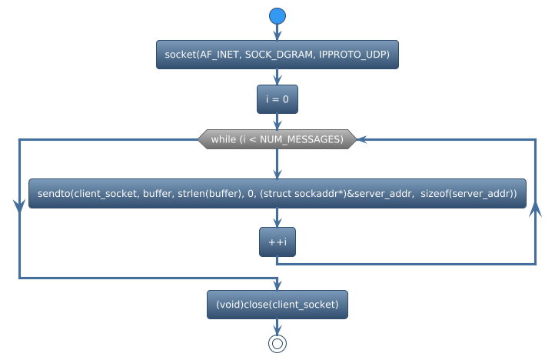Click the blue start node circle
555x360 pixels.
tap(277, 15)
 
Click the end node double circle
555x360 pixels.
tap(277, 344)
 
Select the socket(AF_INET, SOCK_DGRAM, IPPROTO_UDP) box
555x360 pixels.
tap(277, 55)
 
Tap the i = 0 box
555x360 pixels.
tap(277, 99)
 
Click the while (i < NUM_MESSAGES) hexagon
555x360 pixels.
tap(277, 139)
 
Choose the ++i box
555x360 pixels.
tap(277, 242)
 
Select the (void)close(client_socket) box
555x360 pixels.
tap(277, 305)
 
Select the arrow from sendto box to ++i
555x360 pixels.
tap(277, 218)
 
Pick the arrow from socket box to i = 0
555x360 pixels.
tap(277, 77)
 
